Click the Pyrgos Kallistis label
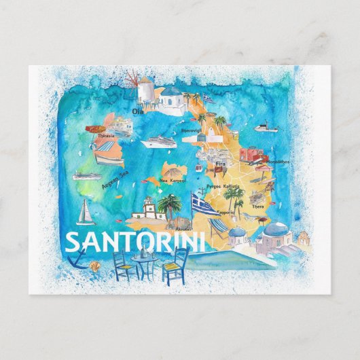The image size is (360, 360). tap(225, 185)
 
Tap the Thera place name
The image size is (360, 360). tap(258, 206)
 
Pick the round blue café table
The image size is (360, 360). tap(143, 258)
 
